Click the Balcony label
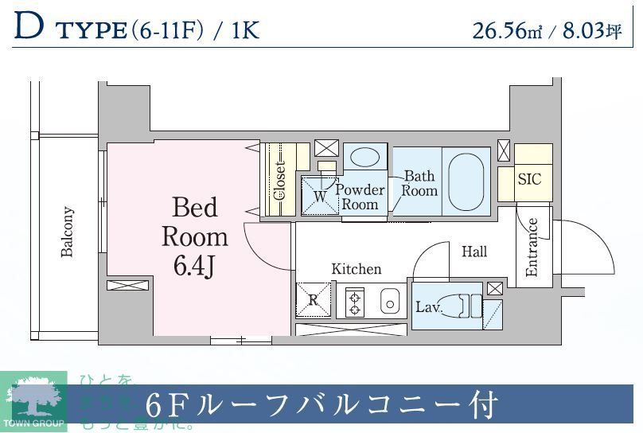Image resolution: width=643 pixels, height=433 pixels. click(x=68, y=232)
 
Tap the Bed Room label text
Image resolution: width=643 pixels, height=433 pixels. click(x=195, y=222)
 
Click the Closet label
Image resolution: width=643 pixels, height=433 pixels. click(x=280, y=181)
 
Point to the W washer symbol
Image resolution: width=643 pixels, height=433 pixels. click(x=320, y=195)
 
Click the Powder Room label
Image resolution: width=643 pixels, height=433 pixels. click(x=360, y=197)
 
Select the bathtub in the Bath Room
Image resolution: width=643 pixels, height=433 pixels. click(x=466, y=180)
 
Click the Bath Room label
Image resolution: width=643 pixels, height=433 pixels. click(x=419, y=183)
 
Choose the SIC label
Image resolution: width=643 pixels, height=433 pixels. click(x=529, y=179)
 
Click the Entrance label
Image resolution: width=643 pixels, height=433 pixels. click(x=532, y=247)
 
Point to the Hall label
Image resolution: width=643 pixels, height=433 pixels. click(x=474, y=252)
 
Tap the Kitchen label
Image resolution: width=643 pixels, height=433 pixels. click(x=356, y=269)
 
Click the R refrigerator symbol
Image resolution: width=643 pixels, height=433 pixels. click(x=313, y=300)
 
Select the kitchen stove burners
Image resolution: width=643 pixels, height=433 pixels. click(x=354, y=302)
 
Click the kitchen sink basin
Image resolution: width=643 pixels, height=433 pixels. click(x=388, y=302)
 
